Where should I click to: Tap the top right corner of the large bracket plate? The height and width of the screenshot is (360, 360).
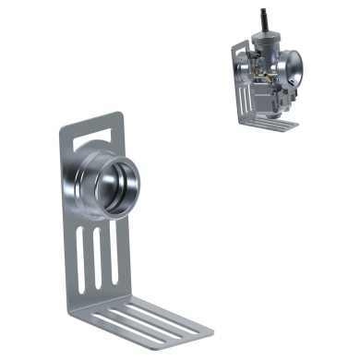121,114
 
